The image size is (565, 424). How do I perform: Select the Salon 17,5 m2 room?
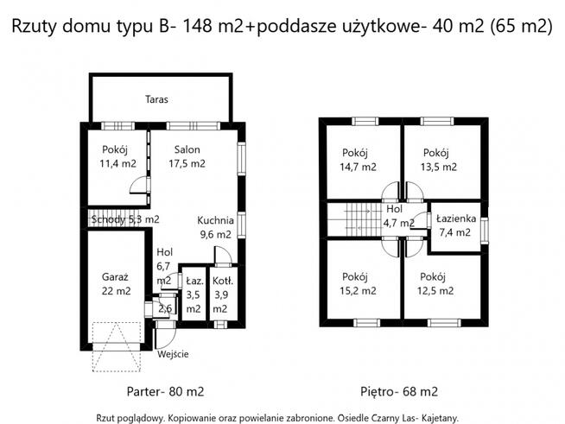click(187, 156)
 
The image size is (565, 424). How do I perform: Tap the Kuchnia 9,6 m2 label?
click(214, 226)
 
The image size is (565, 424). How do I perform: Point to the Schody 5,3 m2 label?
click(125, 219)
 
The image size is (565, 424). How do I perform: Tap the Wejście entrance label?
click(173, 354)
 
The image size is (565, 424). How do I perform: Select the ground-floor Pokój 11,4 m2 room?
click(118, 156)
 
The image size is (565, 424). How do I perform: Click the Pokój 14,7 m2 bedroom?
click(358, 160)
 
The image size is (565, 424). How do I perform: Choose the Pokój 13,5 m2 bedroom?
click(440, 160)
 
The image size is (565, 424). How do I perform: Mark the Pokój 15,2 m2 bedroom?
click(358, 283)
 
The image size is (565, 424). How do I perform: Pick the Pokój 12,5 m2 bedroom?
click(436, 283)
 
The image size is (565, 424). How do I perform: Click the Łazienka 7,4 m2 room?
click(454, 225)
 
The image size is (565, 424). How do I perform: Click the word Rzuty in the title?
click(41, 26)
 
